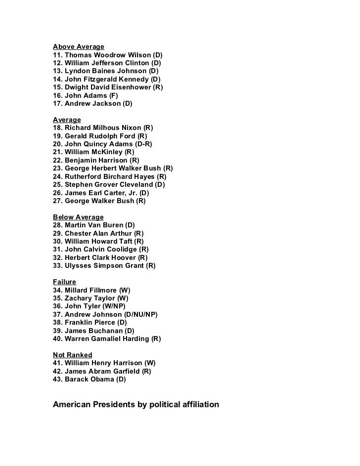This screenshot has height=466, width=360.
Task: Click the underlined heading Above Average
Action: [79, 47]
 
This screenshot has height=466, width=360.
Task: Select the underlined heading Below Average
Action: [78, 217]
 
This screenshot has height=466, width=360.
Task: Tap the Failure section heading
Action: [64, 282]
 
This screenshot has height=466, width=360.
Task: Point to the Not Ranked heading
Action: [72, 355]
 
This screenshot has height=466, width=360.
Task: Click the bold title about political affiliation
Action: [135, 404]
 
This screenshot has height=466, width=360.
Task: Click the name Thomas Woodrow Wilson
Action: [107, 55]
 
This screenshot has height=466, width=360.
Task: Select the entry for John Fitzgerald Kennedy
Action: [106, 79]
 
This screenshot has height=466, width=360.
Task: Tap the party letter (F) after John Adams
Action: [113, 95]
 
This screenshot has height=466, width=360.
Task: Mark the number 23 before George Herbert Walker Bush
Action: [57, 168]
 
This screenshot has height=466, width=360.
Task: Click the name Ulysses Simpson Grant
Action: [104, 265]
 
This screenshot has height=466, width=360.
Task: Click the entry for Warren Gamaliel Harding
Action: [107, 339]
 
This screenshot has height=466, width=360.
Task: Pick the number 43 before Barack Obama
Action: [57, 379]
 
